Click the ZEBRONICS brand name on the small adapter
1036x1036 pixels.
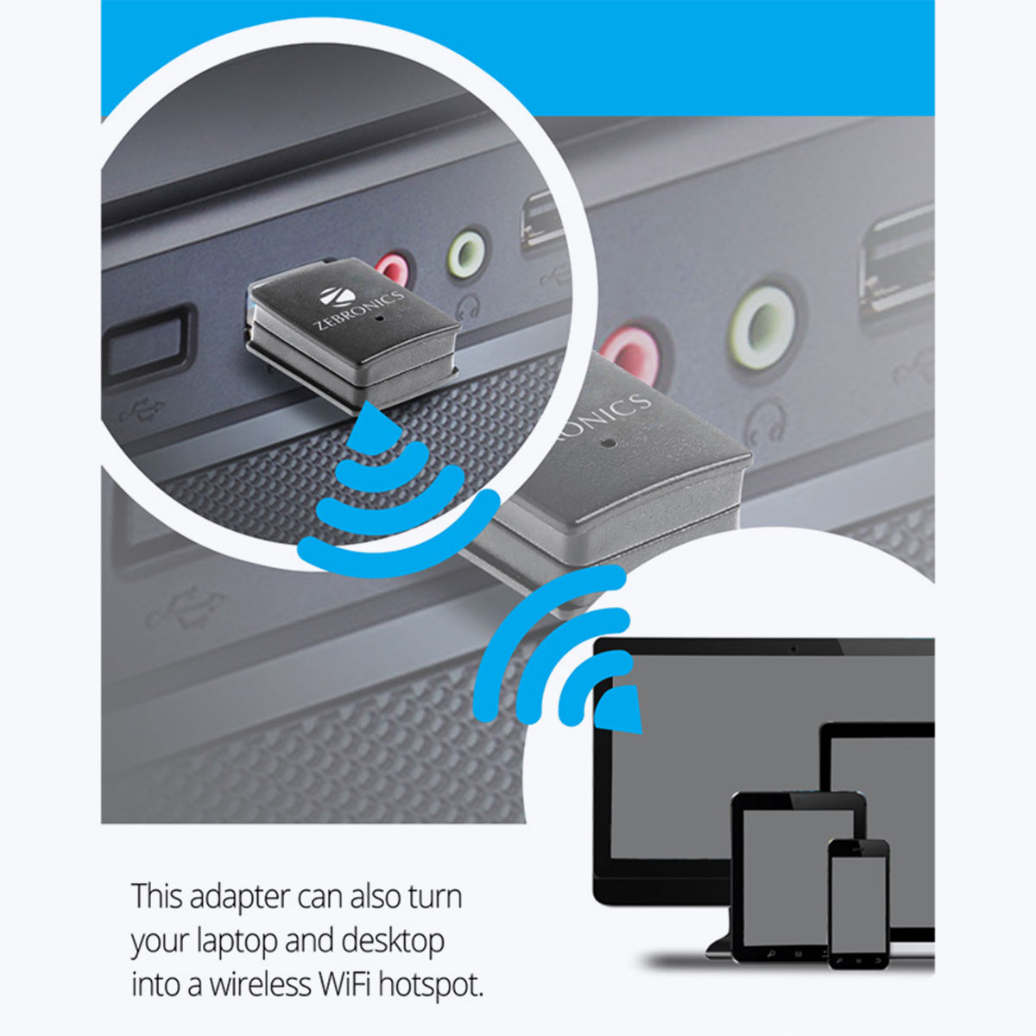pos(358,311)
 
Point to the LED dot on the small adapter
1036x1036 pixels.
pos(382,319)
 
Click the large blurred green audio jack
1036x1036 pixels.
pos(762,327)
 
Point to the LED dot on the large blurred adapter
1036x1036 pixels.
pos(609,444)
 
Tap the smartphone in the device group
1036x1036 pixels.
pos(858,904)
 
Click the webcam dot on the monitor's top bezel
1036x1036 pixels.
pos(793,649)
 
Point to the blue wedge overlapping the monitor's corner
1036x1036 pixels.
pos(620,710)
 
